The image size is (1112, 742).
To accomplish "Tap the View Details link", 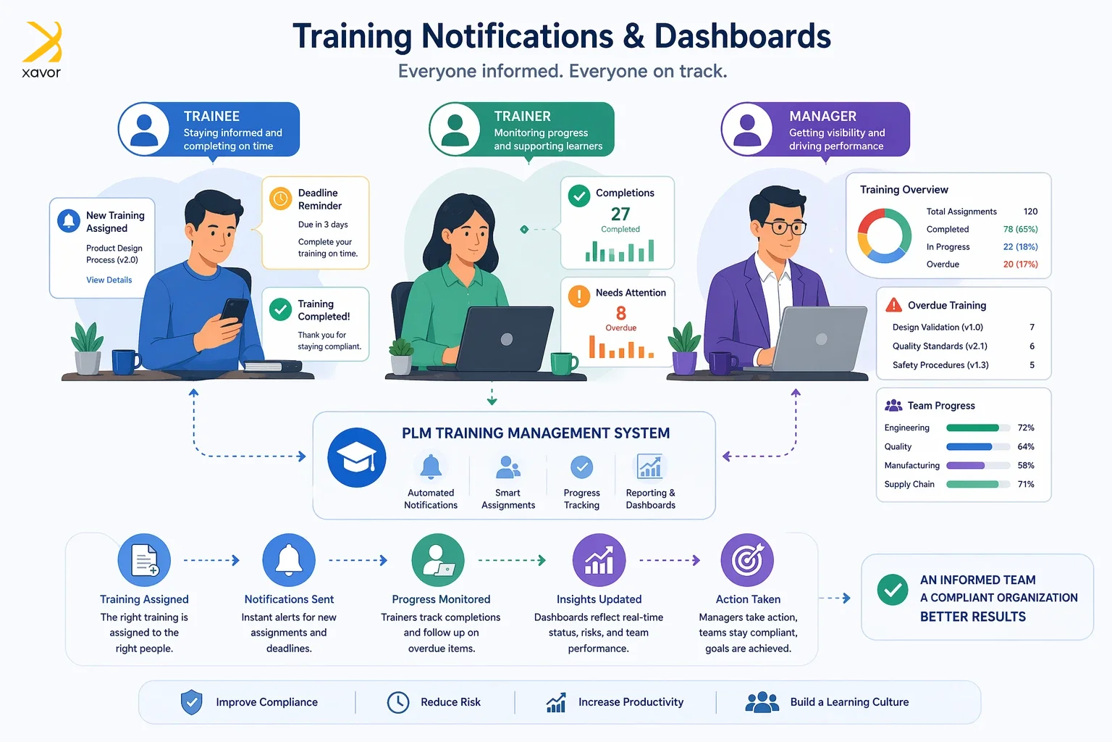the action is coord(109,280).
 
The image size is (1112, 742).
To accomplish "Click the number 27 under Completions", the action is coord(620,214).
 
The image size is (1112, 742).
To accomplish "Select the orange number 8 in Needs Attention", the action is coord(621,313).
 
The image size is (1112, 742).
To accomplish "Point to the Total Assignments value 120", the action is coord(1031,211).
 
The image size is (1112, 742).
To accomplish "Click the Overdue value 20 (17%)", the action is coord(1021,264).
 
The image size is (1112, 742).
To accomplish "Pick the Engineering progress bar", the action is coord(978,428).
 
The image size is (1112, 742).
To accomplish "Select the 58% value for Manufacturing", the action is coord(1026,465).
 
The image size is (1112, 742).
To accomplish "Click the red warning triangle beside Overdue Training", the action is coord(893,304).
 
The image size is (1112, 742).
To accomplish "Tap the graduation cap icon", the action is coord(356,458).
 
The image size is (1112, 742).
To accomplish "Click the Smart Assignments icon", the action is coord(507,467).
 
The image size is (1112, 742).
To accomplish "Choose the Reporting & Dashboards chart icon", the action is coord(650,466).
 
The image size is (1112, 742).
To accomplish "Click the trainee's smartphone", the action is coord(235,311).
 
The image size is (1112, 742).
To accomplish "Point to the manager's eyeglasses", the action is coord(784,228).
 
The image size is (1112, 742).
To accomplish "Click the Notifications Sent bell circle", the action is coord(289,560).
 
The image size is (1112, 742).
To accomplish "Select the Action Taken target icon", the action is coord(747,560).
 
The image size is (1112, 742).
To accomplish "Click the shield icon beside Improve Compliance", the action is coord(192,702).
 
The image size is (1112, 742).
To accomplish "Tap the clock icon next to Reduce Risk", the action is coord(398,702).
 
